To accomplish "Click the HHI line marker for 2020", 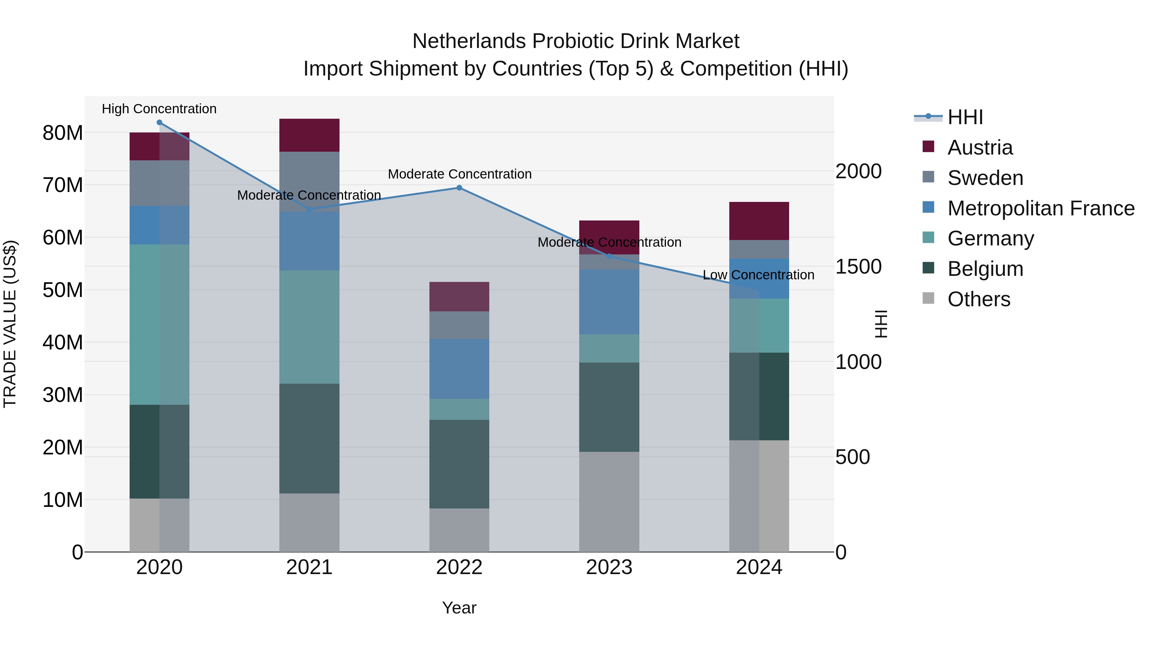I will (159, 123).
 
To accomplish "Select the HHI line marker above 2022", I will (459, 188).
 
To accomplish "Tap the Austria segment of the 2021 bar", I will (309, 135).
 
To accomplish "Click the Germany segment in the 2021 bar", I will (309, 326).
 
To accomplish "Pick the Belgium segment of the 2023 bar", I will (609, 407).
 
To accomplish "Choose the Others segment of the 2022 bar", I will (459, 530).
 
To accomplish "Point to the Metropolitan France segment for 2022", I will (459, 369).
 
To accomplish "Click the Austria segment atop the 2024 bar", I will (759, 221).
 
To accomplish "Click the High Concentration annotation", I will (159, 109).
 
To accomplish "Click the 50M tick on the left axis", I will (63, 290).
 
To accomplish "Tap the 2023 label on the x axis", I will (609, 567).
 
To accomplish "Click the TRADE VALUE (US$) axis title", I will (10, 324).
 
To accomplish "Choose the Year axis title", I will (459, 608).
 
